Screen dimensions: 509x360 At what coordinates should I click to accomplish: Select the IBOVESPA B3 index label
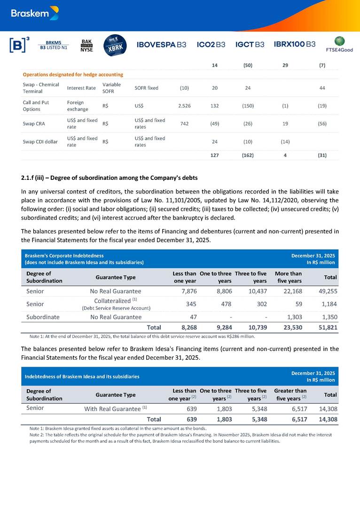click(161, 45)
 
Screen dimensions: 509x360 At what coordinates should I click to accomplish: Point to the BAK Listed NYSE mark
click(86, 45)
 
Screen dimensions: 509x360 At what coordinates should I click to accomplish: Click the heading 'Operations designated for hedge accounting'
click(73, 74)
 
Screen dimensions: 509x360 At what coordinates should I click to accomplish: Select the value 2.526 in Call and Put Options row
click(184, 106)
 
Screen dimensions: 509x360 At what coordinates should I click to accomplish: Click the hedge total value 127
click(214, 155)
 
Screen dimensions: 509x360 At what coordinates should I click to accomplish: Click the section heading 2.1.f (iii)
click(109, 178)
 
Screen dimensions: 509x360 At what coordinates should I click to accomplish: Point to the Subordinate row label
click(43, 317)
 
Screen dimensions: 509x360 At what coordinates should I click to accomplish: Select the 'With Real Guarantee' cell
click(116, 409)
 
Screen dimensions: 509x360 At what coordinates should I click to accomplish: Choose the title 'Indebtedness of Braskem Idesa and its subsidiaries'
click(82, 376)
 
